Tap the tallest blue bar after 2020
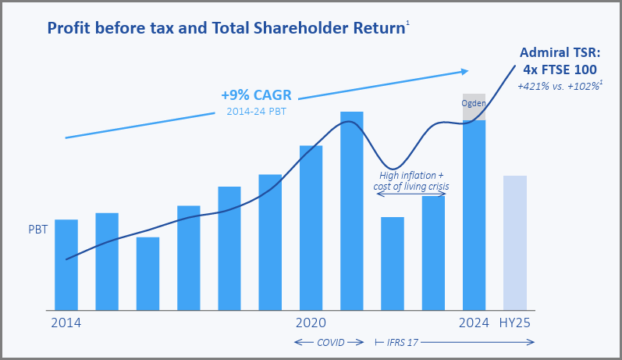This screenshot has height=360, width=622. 352,211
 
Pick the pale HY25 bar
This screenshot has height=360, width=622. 515,242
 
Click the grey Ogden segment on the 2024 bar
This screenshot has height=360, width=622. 474,107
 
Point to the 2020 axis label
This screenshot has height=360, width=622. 311,323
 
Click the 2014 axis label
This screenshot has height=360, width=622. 66,323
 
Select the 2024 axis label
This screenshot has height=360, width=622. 474,323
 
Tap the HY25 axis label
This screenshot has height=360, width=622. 515,323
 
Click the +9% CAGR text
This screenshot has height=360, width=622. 256,95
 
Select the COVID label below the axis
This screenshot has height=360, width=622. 330,342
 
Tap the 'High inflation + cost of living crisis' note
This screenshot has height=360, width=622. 411,181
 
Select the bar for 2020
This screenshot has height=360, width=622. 311,227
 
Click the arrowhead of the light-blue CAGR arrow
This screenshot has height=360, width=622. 464,72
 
